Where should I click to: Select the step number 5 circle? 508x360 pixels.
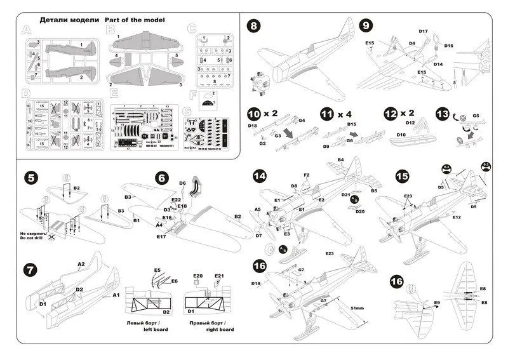[x=29, y=178]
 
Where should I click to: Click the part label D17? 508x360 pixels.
[x=424, y=31]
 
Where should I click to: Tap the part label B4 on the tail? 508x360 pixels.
[x=341, y=160]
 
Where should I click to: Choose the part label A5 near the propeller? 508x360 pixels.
[x=258, y=209]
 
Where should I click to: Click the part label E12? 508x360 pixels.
[x=457, y=217]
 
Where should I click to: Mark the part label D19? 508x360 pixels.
[x=256, y=283]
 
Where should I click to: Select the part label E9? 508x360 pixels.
[x=437, y=303]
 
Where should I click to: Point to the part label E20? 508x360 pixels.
[x=197, y=276]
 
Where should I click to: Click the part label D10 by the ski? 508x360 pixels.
[x=401, y=135]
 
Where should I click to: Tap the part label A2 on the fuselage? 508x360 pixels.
[x=81, y=263]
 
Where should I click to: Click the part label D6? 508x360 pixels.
[x=182, y=183]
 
